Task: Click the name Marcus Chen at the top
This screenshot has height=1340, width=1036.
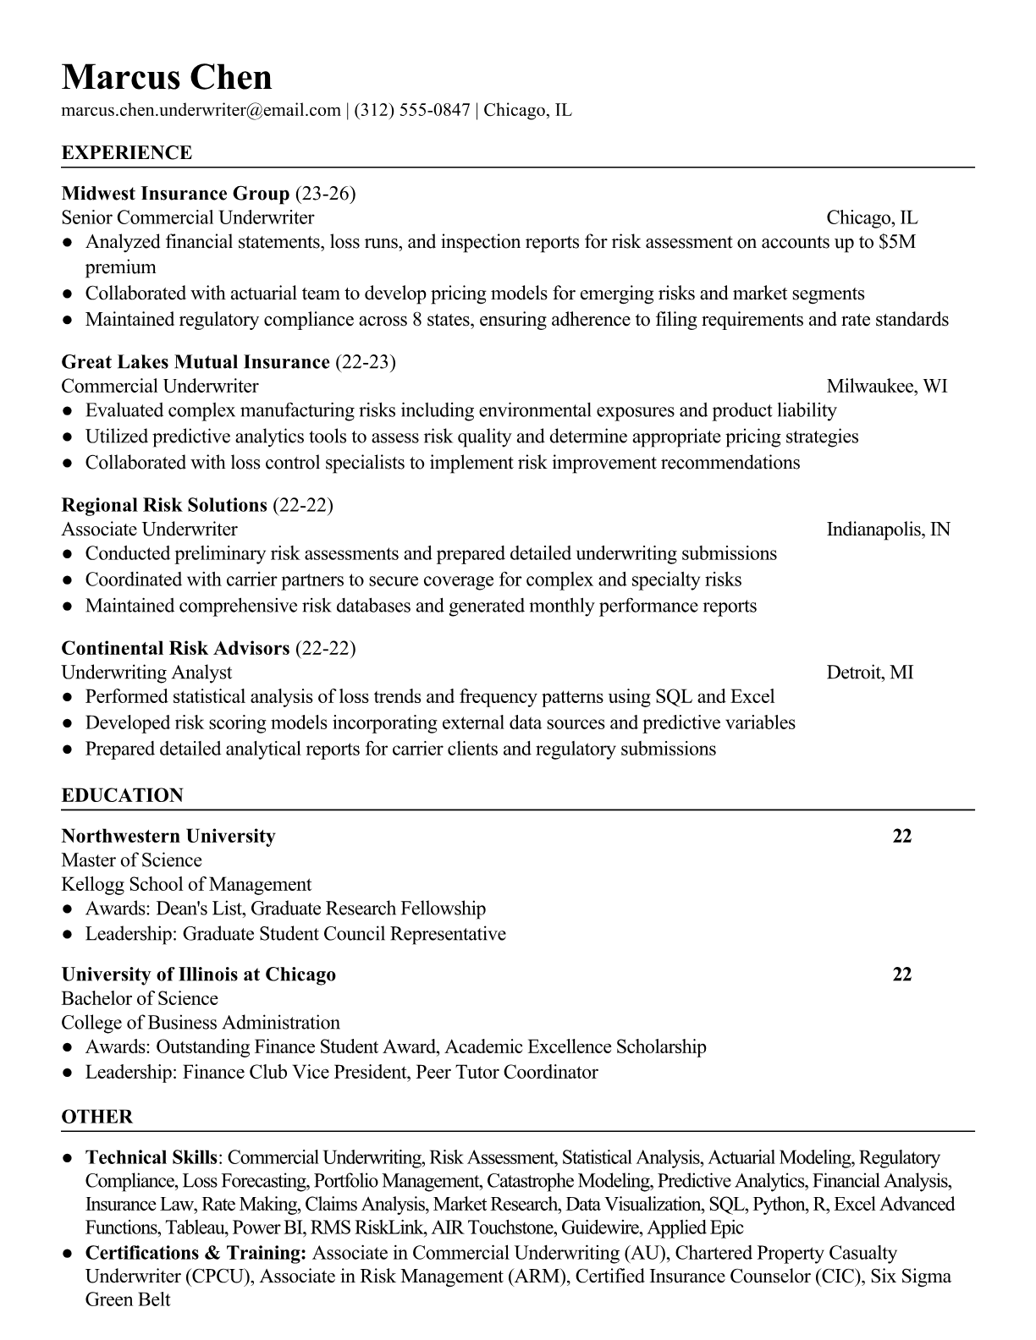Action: point(167,77)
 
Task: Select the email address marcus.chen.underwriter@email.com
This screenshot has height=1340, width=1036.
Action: point(201,110)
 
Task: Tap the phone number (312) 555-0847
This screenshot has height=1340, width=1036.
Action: point(411,110)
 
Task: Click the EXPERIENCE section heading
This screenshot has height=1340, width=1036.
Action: point(127,153)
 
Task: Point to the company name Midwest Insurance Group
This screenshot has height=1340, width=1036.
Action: point(175,194)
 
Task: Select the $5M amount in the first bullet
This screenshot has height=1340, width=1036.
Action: point(897,243)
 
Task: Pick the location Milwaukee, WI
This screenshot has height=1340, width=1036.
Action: point(886,387)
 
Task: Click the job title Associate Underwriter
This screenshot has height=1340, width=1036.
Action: point(149,530)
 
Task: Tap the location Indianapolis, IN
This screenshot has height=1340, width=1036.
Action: point(888,530)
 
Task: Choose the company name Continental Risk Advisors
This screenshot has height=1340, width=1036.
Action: point(175,649)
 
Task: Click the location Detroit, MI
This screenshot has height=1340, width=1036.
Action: point(869,673)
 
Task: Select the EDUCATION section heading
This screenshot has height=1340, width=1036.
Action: point(122,796)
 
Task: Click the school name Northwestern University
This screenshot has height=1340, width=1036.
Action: point(168,837)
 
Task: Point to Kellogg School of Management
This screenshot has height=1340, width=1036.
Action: point(186,885)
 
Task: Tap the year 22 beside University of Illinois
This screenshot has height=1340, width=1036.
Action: point(901,975)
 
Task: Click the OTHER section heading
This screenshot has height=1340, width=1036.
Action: point(97,1118)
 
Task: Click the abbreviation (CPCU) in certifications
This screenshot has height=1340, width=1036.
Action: point(224,1277)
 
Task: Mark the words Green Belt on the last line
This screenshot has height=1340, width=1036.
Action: point(128,1300)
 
